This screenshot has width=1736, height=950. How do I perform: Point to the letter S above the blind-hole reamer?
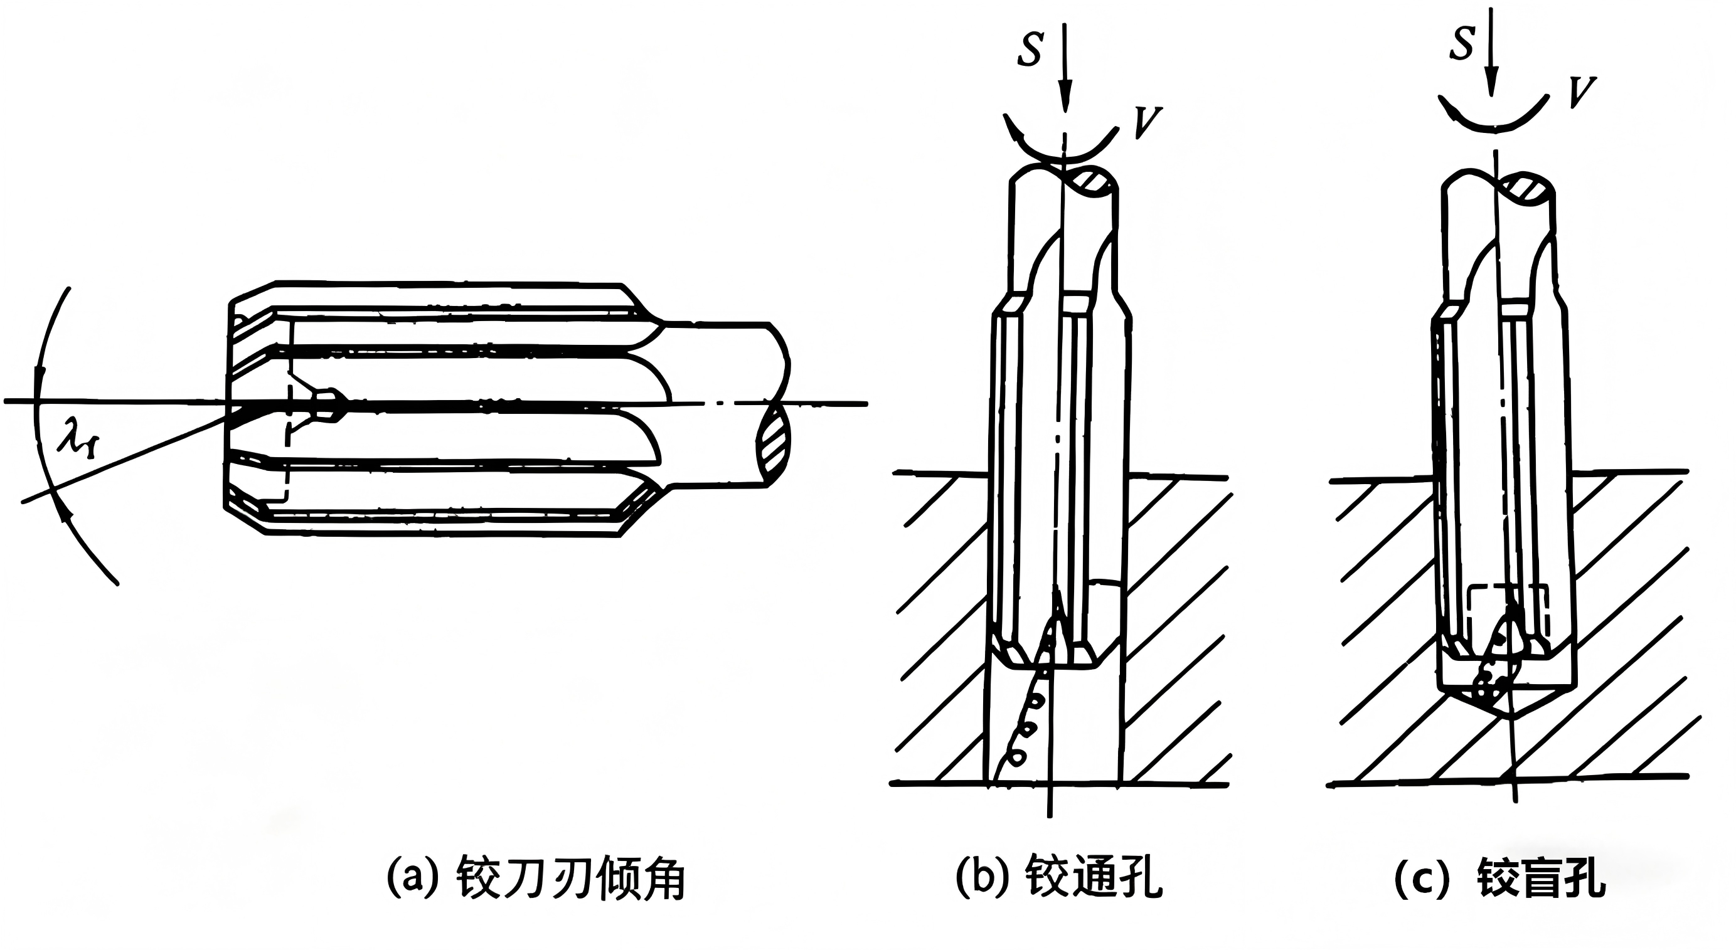[x=1461, y=43]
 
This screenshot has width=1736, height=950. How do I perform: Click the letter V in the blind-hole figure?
[x=1581, y=92]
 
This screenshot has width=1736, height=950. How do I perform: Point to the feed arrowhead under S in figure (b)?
[x=1065, y=98]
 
